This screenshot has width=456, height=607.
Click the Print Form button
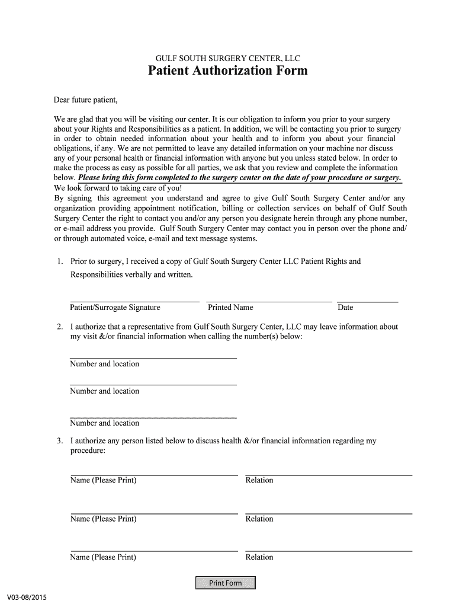point(226,583)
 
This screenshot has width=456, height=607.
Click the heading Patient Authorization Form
point(227,71)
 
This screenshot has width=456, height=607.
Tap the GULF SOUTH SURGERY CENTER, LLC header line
point(227,58)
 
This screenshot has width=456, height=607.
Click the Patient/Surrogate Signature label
point(115,308)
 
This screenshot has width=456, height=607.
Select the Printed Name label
point(230,308)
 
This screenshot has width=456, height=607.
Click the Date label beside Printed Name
point(345,308)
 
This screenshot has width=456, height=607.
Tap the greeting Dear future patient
point(86,100)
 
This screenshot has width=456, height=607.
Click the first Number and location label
point(104,364)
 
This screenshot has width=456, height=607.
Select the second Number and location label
point(104,391)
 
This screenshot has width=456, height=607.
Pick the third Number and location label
point(104,423)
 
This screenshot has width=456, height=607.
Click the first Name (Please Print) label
point(103,480)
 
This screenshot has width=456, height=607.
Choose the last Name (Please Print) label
point(103,557)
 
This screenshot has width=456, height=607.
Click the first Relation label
point(259,480)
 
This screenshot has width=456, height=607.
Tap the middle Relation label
point(259,519)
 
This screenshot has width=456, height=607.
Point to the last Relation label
point(259,557)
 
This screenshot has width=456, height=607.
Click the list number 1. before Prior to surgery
point(60,261)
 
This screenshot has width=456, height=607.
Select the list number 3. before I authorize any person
point(60,441)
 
